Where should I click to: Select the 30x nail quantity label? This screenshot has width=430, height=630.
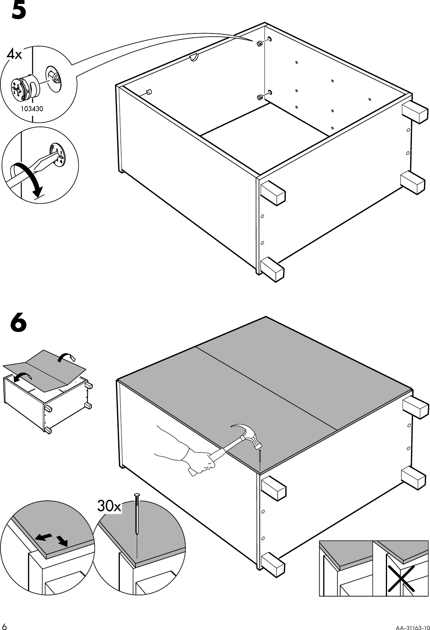pyautogui.click(x=109, y=507)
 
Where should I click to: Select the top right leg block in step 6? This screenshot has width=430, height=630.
pyautogui.click(x=415, y=407)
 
